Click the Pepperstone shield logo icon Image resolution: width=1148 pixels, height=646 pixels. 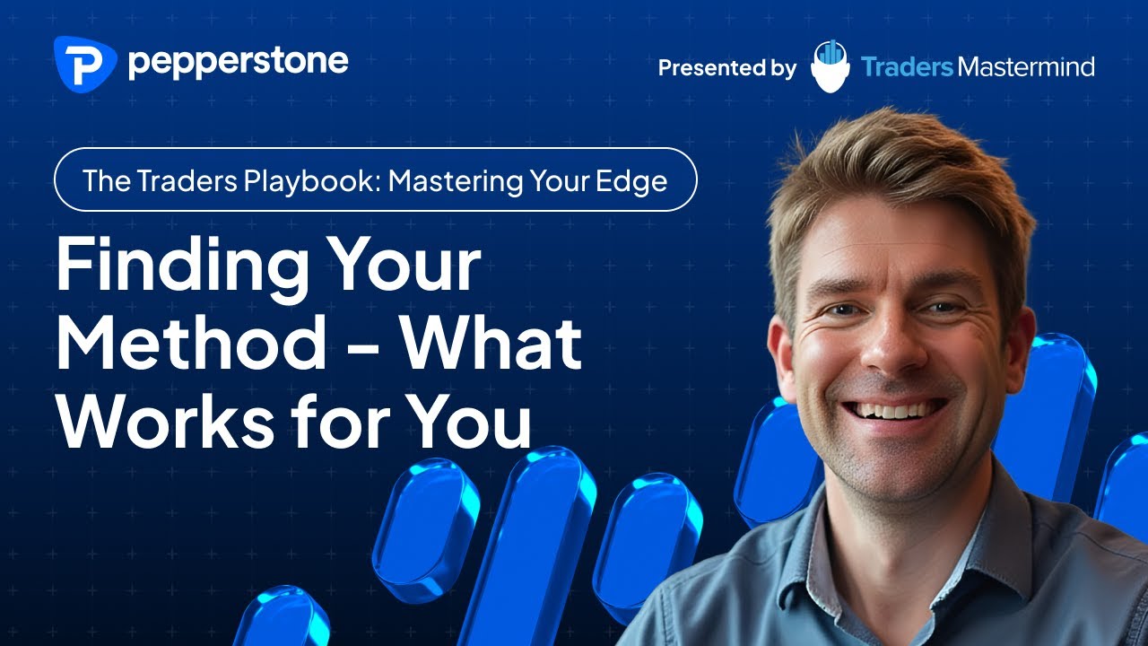coord(85,65)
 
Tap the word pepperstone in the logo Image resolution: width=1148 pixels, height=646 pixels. coord(238,63)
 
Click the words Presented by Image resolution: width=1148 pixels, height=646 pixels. coord(726,67)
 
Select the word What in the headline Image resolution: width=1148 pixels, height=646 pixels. coord(492,344)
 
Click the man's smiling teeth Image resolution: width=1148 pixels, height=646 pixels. coord(895,410)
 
